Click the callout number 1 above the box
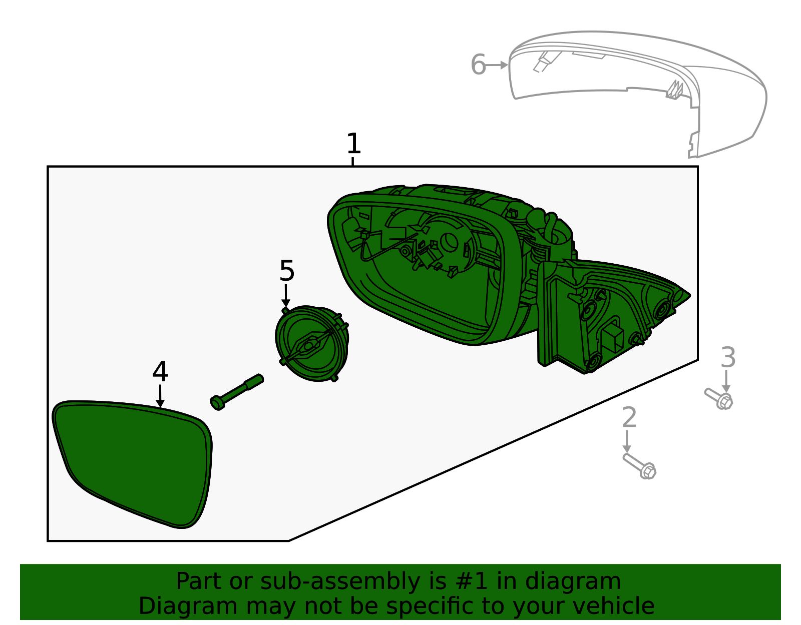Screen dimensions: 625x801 (353, 144)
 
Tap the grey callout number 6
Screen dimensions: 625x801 (478, 65)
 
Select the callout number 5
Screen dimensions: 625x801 (287, 271)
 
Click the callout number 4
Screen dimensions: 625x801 (160, 372)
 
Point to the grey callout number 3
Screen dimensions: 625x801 (728, 358)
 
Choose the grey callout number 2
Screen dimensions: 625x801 (629, 418)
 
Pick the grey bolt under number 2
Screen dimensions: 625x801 (640, 466)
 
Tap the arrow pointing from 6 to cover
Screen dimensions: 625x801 (498, 65)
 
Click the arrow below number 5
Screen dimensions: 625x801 (286, 296)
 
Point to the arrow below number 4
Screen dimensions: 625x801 (160, 396)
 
